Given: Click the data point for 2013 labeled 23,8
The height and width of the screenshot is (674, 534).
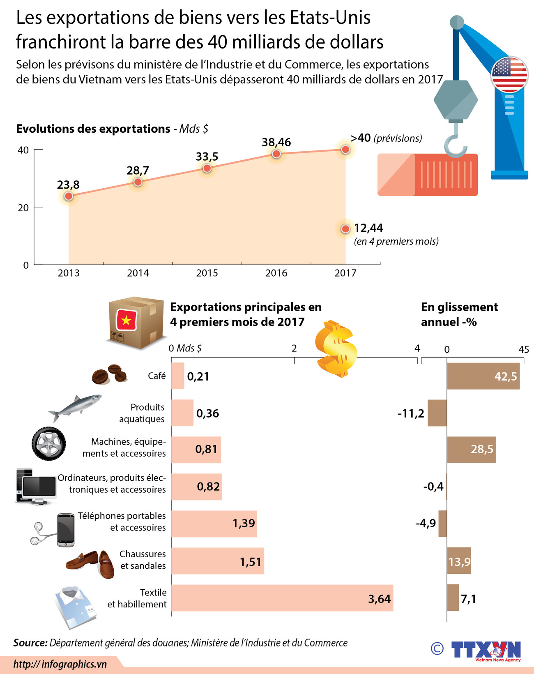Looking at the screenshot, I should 69,196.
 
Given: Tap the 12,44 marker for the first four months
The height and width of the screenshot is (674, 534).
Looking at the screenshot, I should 345,229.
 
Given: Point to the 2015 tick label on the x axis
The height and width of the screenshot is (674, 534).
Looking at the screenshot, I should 207,273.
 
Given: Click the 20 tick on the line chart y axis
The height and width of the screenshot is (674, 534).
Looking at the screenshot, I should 23,208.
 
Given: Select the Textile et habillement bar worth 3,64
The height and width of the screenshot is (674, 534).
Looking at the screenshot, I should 282,598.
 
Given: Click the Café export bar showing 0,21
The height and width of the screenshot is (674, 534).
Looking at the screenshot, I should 177,376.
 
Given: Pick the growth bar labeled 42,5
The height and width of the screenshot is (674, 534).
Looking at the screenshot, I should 483,376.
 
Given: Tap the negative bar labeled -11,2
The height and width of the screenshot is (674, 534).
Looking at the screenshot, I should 437,413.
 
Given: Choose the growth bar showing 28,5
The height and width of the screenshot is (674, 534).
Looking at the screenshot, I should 471,450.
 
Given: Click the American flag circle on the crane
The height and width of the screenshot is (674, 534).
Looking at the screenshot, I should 509,74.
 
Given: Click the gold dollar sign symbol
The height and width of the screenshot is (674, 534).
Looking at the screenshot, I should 336,349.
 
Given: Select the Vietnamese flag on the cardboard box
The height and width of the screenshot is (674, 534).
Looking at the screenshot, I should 126,320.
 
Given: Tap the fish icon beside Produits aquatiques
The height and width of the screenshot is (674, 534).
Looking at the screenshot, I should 75,407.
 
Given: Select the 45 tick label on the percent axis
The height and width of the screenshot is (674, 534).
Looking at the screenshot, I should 523,349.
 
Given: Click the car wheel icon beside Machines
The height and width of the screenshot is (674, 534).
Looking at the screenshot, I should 49,443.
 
